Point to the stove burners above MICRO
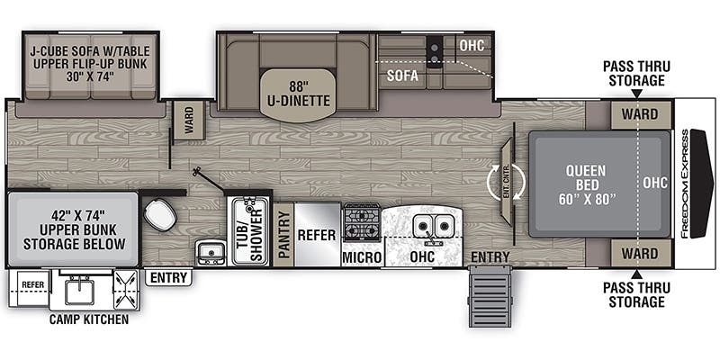coord(362,221)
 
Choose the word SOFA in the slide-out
coord(402,76)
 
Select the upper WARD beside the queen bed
coord(640,114)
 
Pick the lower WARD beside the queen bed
coord(640,254)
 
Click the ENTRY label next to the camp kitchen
coord(168,277)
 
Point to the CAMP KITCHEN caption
coord(90,319)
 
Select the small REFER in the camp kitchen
coord(32,284)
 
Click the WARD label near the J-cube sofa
coord(188,119)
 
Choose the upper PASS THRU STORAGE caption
coord(634,72)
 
